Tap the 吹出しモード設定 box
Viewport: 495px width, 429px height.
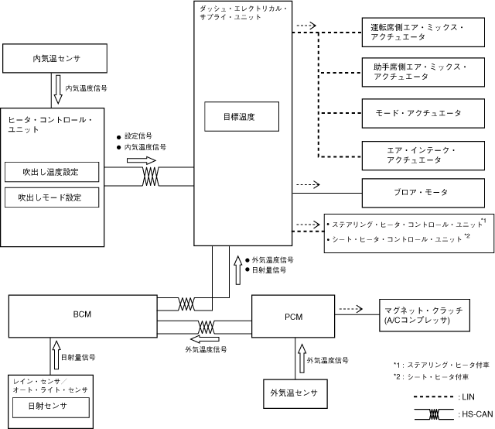[x=52, y=197]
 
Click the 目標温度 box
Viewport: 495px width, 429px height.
[x=239, y=117]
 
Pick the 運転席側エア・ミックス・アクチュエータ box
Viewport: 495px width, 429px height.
[x=416, y=32]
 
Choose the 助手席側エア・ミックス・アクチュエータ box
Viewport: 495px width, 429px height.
[x=416, y=72]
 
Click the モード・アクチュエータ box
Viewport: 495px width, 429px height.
[x=416, y=112]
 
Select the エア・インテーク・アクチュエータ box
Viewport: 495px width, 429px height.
[x=416, y=153]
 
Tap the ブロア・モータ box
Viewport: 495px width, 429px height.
[x=416, y=190]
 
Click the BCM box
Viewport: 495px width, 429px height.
[x=82, y=315]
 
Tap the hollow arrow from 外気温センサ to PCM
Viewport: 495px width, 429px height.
[x=301, y=361]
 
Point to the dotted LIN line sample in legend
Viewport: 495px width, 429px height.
[x=433, y=396]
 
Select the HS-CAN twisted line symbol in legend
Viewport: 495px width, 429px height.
[x=433, y=416]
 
